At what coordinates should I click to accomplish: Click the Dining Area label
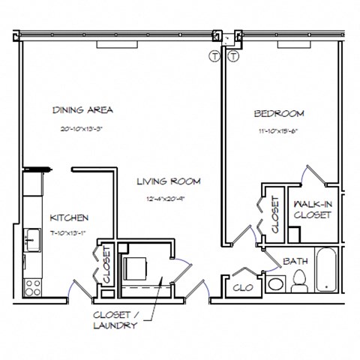point(82,110)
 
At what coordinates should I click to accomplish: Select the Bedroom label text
point(278,113)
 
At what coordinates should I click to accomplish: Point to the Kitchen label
point(69,217)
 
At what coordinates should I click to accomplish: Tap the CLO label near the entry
point(242,287)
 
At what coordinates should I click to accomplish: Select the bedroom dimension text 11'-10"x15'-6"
point(278,132)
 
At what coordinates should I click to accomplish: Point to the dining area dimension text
point(82,129)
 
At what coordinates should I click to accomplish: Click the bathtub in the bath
point(327,271)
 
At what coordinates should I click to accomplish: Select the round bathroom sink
point(276,284)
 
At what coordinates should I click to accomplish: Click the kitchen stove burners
point(33,286)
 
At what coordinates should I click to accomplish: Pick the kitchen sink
point(31,239)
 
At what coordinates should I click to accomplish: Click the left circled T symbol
point(214,56)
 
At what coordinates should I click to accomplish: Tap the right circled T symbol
point(232,56)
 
